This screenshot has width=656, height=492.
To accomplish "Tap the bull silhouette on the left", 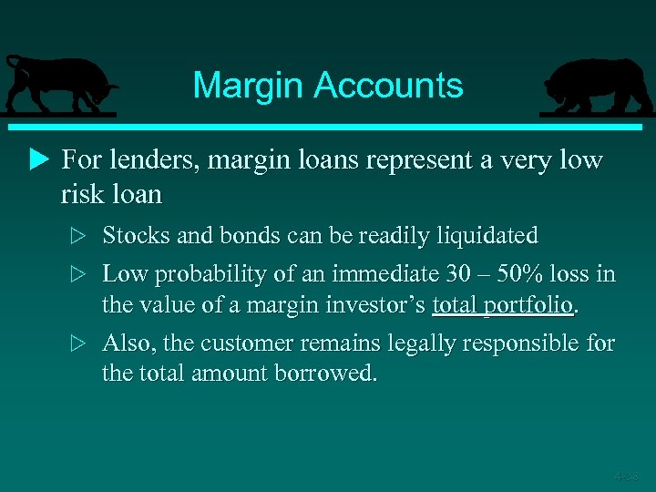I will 58,84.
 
